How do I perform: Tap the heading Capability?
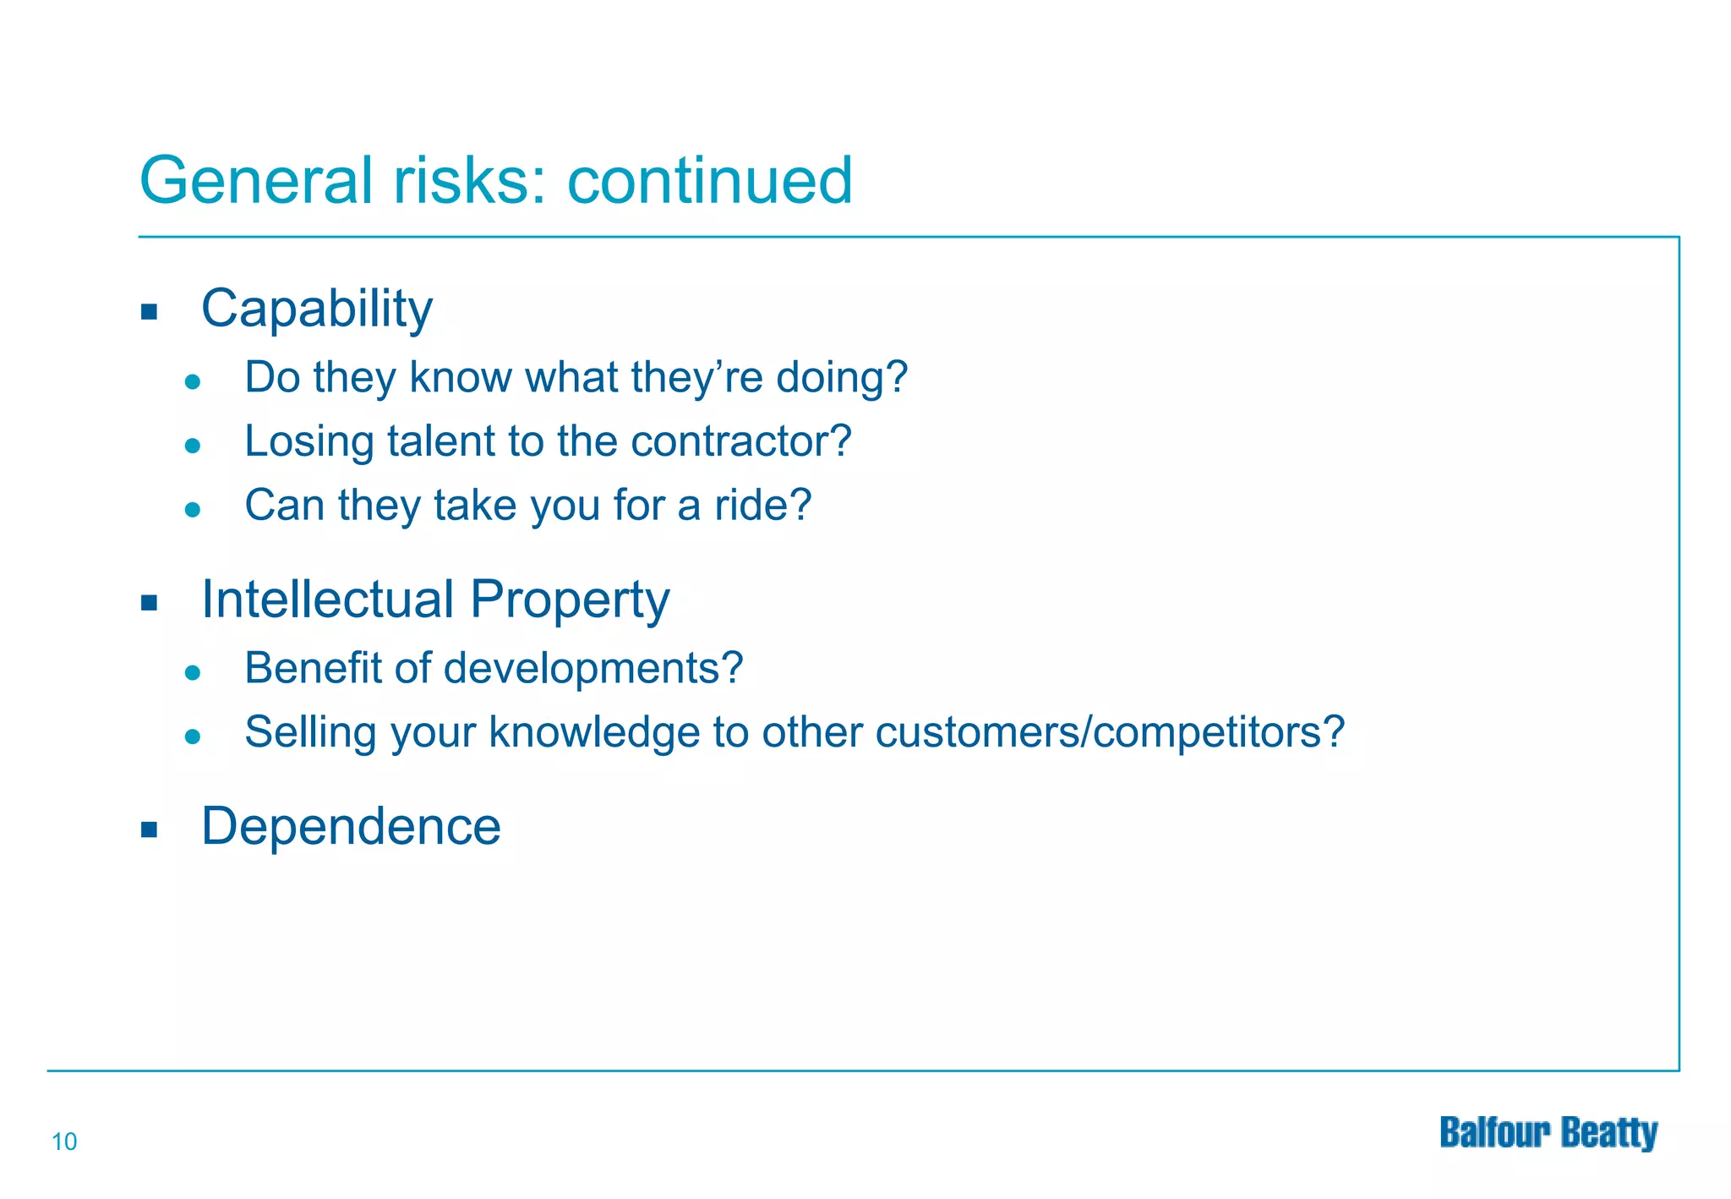(x=317, y=309)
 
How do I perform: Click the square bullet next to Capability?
(x=150, y=312)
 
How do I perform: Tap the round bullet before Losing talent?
(x=193, y=446)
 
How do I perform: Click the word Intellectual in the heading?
(x=328, y=599)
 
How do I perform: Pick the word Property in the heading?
(x=570, y=601)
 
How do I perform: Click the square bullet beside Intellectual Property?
(x=150, y=603)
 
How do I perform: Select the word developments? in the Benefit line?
(x=593, y=668)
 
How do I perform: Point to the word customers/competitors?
(x=1109, y=732)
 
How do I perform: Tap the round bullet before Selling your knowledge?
(x=193, y=736)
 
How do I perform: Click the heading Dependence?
(x=351, y=826)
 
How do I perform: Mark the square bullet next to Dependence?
(x=150, y=829)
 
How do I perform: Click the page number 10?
(x=64, y=1142)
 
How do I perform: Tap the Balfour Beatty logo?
(x=1548, y=1133)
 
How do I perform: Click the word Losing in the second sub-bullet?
(x=309, y=441)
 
